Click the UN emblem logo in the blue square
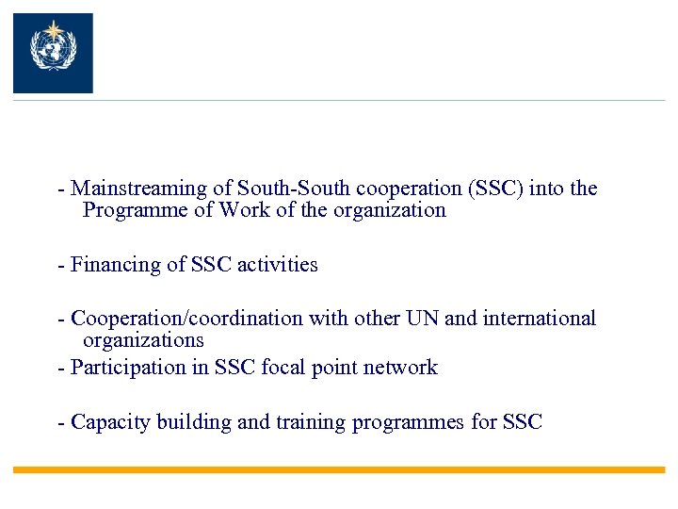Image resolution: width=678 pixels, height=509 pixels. click(53, 53)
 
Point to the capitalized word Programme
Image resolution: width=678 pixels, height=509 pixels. click(136, 210)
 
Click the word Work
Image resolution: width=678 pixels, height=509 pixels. click(245, 210)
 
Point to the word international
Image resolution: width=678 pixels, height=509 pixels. click(540, 319)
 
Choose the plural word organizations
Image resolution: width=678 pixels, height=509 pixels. click(143, 339)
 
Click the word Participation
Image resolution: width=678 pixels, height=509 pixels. click(124, 367)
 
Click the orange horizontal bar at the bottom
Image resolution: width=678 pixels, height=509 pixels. click(339, 469)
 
